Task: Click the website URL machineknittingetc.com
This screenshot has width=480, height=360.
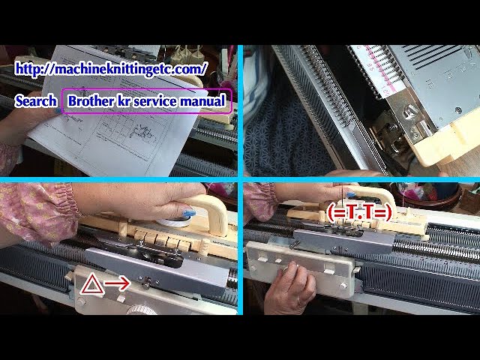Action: click(111, 68)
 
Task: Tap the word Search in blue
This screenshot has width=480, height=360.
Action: click(35, 100)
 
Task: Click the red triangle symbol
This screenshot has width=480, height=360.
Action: click(90, 283)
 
